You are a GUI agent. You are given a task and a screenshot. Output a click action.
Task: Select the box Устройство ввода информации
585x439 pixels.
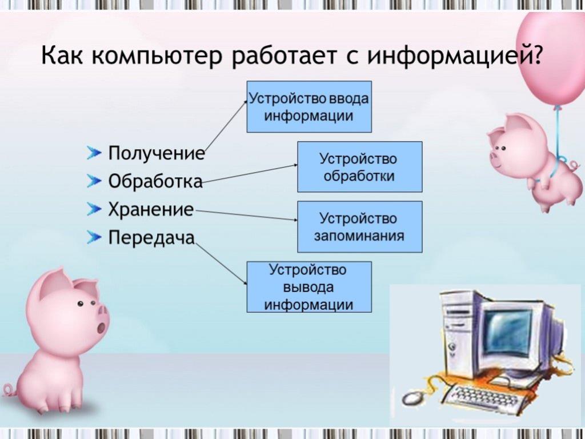coord(309,106)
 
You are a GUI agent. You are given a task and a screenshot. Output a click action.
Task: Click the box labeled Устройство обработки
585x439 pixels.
coord(360,166)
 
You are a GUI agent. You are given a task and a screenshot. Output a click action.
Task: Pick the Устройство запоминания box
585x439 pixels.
coord(360,226)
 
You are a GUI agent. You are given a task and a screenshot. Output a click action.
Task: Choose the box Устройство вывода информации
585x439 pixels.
coord(309,287)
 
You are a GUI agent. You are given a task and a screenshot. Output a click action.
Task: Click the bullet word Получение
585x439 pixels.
coord(157,153)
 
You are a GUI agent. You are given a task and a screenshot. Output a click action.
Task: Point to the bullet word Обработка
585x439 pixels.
coord(155,181)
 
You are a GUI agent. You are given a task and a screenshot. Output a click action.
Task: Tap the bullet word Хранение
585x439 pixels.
coord(151,209)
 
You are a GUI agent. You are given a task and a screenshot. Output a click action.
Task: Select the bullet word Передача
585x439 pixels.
coord(151,238)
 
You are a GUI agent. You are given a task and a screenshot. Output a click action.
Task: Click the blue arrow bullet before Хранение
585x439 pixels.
coord(94,209)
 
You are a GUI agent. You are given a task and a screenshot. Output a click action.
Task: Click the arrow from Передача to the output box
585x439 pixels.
coord(221,264)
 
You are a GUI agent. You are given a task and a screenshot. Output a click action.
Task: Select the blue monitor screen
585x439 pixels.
coord(507,332)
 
